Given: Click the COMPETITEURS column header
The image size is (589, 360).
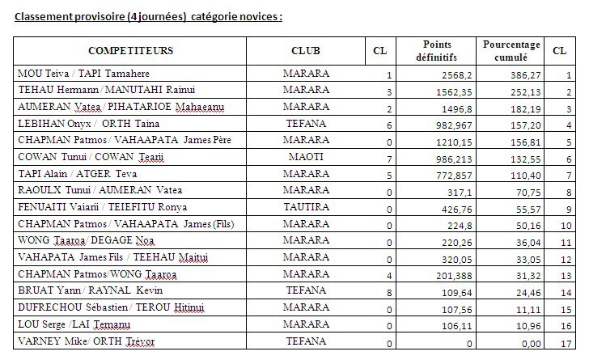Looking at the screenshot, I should [130, 50].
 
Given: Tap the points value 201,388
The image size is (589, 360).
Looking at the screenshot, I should [444, 275].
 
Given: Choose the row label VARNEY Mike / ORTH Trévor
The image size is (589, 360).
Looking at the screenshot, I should [86, 341].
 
